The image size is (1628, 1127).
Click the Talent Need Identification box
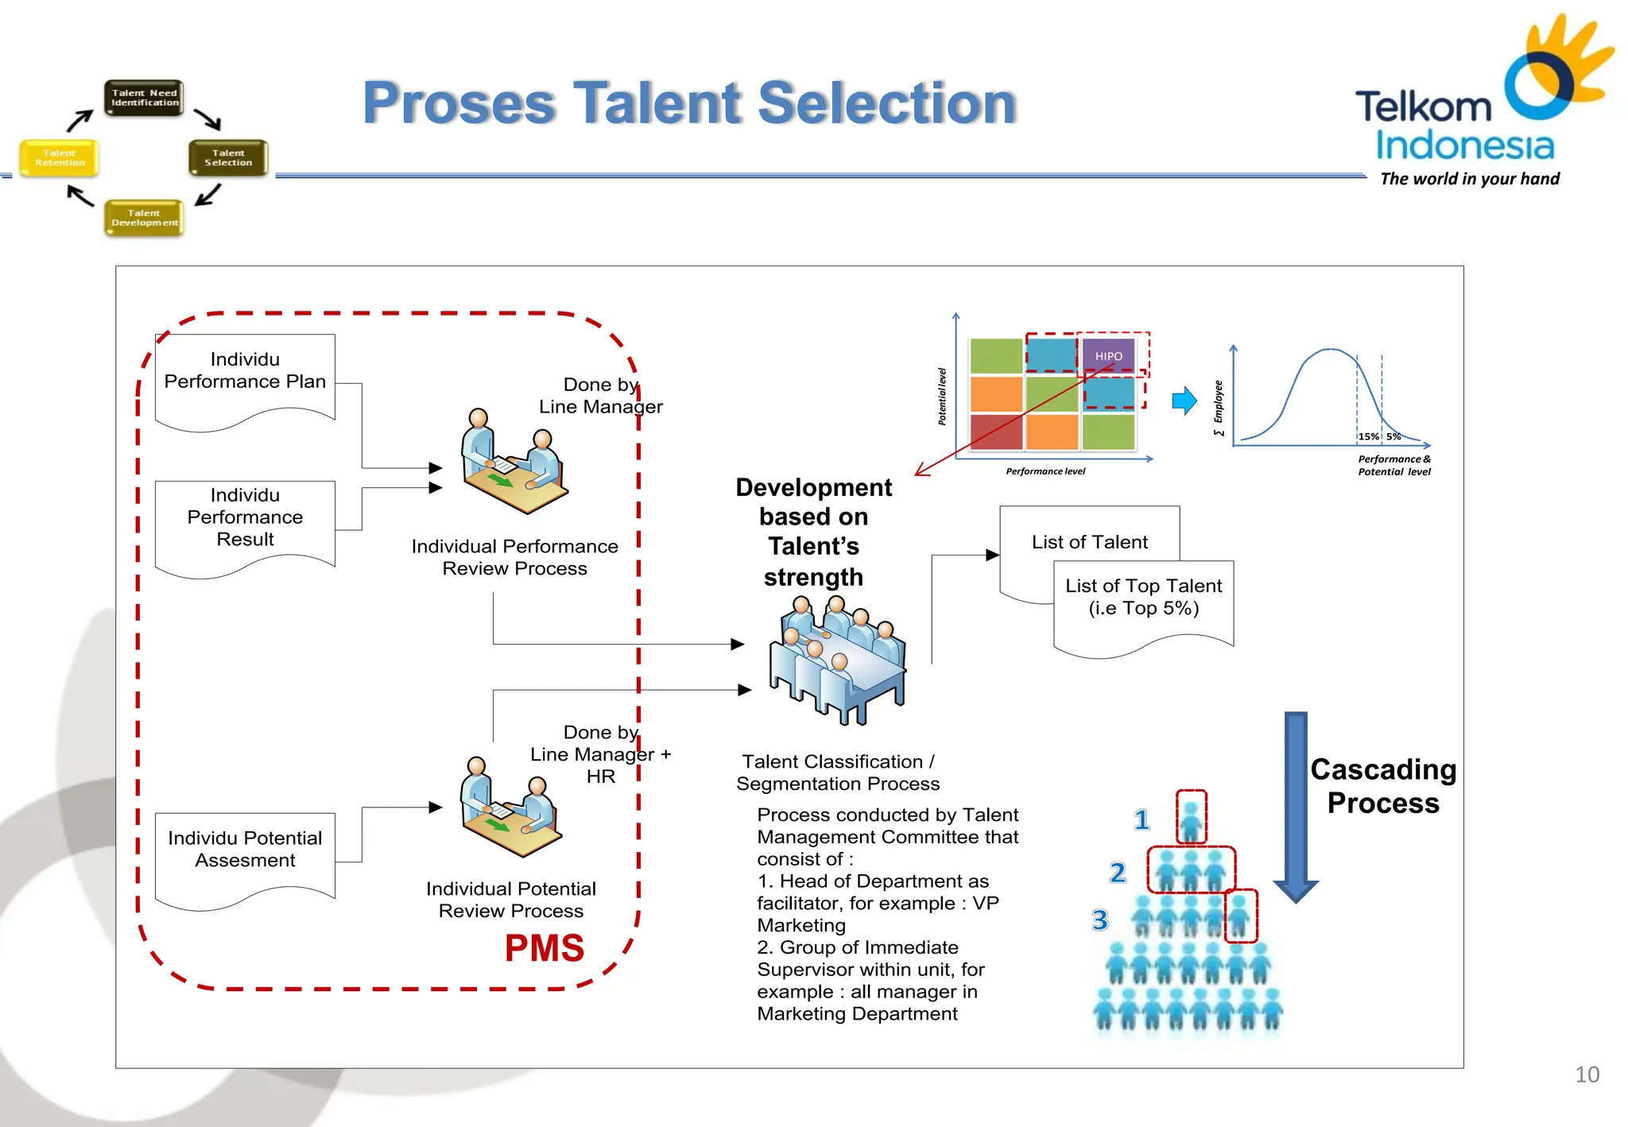click(x=144, y=98)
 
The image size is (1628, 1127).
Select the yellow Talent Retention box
click(x=60, y=157)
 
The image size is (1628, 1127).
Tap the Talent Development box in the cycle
click(x=144, y=218)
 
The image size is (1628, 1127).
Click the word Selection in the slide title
click(x=887, y=103)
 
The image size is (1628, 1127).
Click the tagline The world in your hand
click(x=1469, y=179)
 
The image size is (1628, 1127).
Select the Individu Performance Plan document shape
click(x=245, y=378)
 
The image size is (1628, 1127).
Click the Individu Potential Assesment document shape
click(x=245, y=854)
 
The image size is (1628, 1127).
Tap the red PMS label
click(x=545, y=947)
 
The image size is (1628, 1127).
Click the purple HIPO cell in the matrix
click(x=1108, y=356)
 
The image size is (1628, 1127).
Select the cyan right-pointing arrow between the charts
click(x=1184, y=401)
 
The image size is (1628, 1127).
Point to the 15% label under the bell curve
click(x=1368, y=436)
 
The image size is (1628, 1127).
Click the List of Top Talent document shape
click(x=1143, y=603)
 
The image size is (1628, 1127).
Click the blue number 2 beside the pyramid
click(x=1118, y=873)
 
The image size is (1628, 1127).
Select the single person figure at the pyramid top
click(x=1191, y=819)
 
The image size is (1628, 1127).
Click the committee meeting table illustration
click(x=836, y=660)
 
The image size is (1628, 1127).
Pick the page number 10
click(x=1587, y=1075)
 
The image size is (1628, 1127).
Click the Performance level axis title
click(x=1045, y=471)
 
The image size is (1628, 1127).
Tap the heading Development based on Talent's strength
click(x=813, y=531)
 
